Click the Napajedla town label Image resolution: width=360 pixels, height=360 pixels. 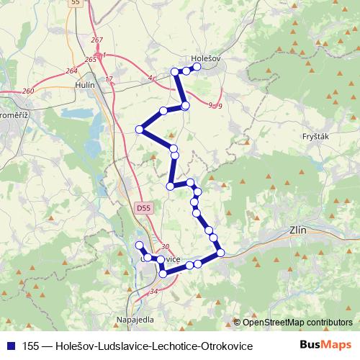[x=132, y=318]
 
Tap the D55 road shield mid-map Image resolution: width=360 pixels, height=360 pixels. [x=143, y=207]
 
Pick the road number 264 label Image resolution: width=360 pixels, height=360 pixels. [x=71, y=71]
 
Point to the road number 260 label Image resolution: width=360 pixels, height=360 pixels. [x=27, y=91]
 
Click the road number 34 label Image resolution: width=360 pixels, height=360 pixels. [x=153, y=291]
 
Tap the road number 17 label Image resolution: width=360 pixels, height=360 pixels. [x=109, y=78]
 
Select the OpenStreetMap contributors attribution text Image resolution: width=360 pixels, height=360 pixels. [x=297, y=322]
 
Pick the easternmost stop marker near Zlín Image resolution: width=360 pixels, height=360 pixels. [x=220, y=251]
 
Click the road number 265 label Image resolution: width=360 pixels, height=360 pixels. [x=90, y=59]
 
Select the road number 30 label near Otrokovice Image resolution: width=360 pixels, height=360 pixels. [x=165, y=246]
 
